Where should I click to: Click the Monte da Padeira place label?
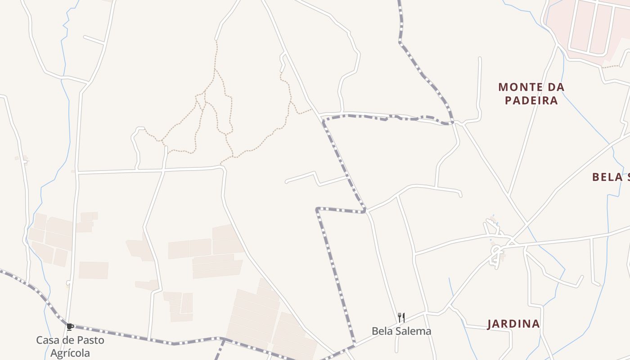coord(531,93)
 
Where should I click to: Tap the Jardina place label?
coord(513,324)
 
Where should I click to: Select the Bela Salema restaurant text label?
coord(401,331)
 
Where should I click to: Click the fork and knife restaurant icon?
coord(401,318)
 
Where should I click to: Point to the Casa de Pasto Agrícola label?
coord(70,346)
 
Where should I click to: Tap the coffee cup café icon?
coord(70,327)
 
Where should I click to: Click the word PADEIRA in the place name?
coord(531,100)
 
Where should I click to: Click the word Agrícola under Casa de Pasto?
coord(70,353)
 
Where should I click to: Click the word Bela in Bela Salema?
coord(380,331)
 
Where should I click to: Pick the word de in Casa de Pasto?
coord(67,340)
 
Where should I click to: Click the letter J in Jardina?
coord(490,324)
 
